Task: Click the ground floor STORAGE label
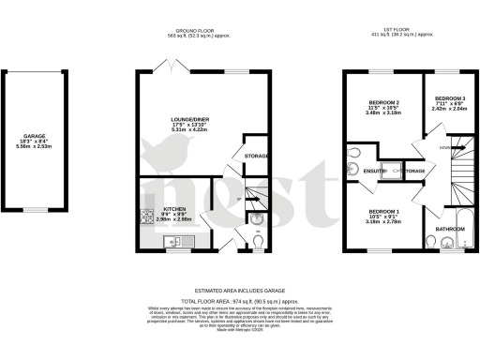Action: (257, 156)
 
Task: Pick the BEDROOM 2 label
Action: (383, 102)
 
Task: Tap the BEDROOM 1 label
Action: (383, 212)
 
